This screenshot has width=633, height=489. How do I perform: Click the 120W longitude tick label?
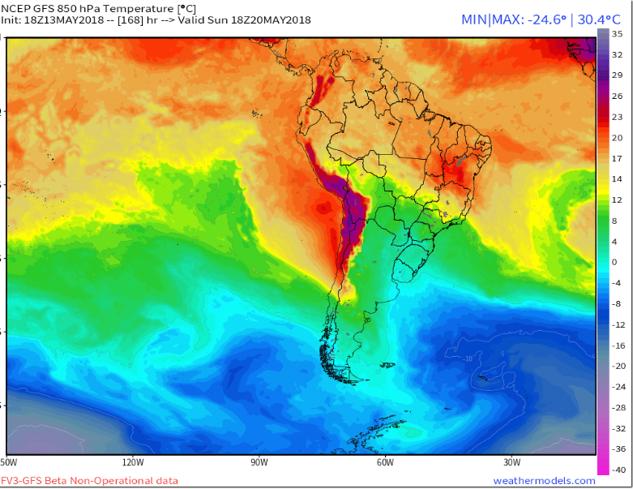coord(133,463)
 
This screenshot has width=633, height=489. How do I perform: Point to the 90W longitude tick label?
coord(259,463)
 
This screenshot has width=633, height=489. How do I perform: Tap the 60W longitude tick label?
coord(384,463)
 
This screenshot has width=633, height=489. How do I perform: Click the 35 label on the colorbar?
coord(616,34)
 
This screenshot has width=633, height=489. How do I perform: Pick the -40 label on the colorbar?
coord(618,470)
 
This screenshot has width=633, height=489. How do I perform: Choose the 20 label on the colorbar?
coord(616,138)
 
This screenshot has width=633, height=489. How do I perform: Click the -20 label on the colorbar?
coord(618,366)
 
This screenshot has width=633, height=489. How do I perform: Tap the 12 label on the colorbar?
coord(616,199)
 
